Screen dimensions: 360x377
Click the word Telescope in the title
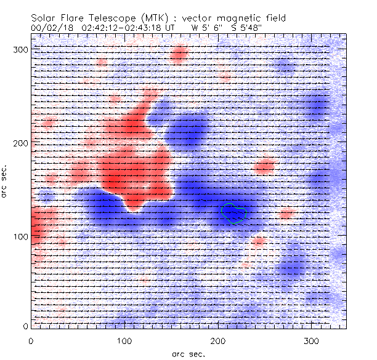105,19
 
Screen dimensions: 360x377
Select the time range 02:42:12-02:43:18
128,28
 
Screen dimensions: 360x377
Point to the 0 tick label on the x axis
31,341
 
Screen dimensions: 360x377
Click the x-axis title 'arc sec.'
188,353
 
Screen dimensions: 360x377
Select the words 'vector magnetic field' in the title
240,19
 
